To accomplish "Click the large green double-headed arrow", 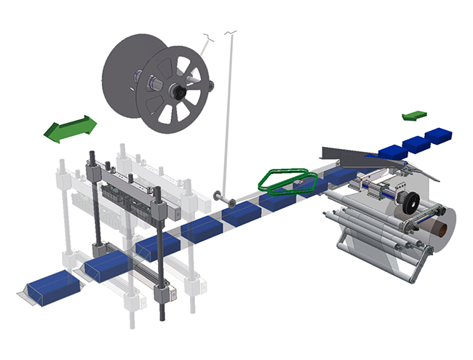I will (x=70, y=128).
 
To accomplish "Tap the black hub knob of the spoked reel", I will (x=177, y=92).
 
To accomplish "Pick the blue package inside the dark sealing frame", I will (x=108, y=267).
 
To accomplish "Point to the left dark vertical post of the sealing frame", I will (x=95, y=218).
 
